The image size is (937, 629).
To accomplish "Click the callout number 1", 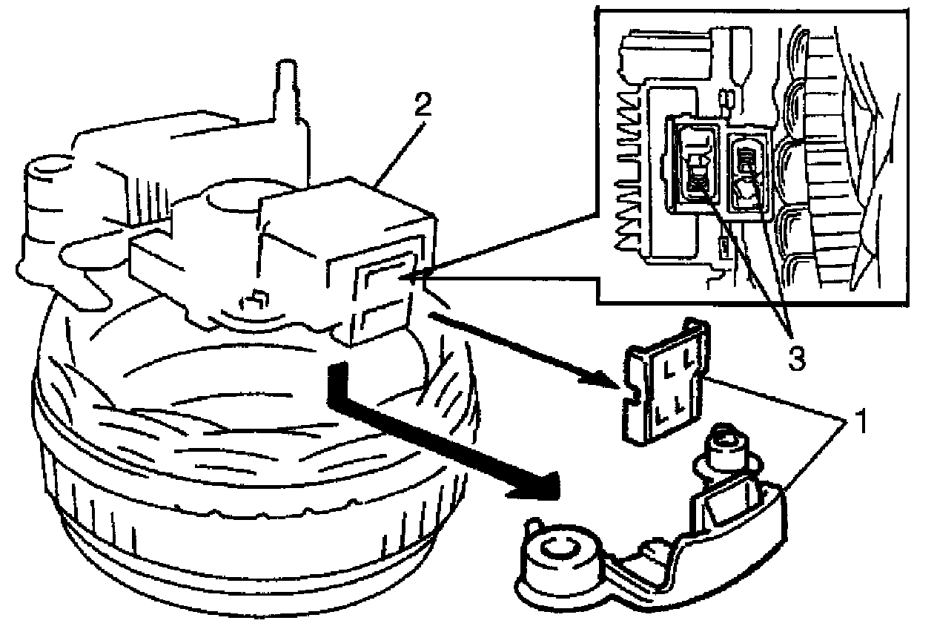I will pos(859,425).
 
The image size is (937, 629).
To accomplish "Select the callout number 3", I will pos(795,358).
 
